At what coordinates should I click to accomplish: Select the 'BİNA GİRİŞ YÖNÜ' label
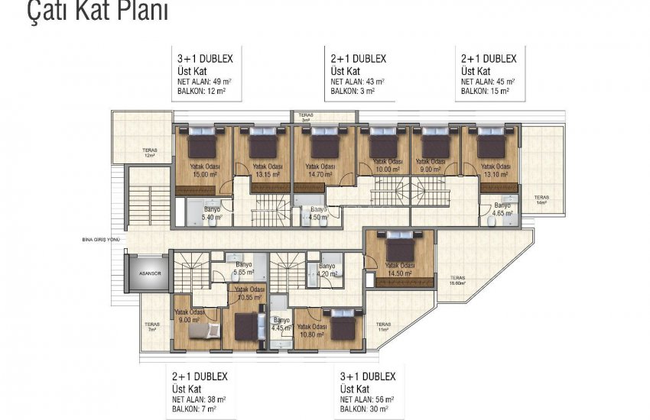point(101,240)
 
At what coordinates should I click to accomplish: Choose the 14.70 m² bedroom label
point(320,170)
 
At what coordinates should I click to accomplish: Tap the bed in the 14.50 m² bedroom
point(399,246)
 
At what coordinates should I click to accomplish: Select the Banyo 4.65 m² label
point(502,211)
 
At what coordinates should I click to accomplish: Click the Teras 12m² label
point(150,153)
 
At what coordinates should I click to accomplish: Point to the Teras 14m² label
point(541,200)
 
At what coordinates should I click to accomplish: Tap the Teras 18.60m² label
point(458,280)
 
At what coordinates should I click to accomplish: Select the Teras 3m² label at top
point(306,118)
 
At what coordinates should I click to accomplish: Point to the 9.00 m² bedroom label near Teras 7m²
point(188,316)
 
